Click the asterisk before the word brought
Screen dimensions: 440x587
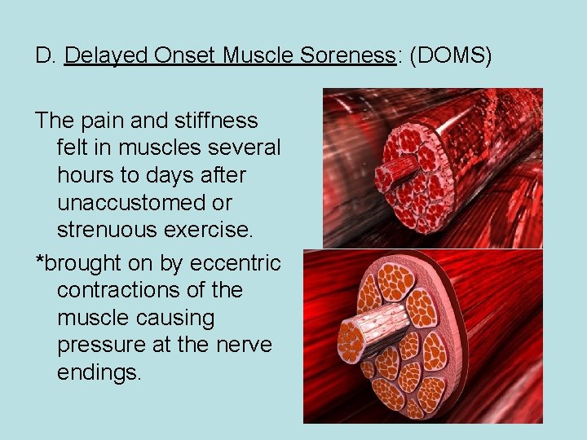[38, 262]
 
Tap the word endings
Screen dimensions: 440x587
[99, 373]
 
